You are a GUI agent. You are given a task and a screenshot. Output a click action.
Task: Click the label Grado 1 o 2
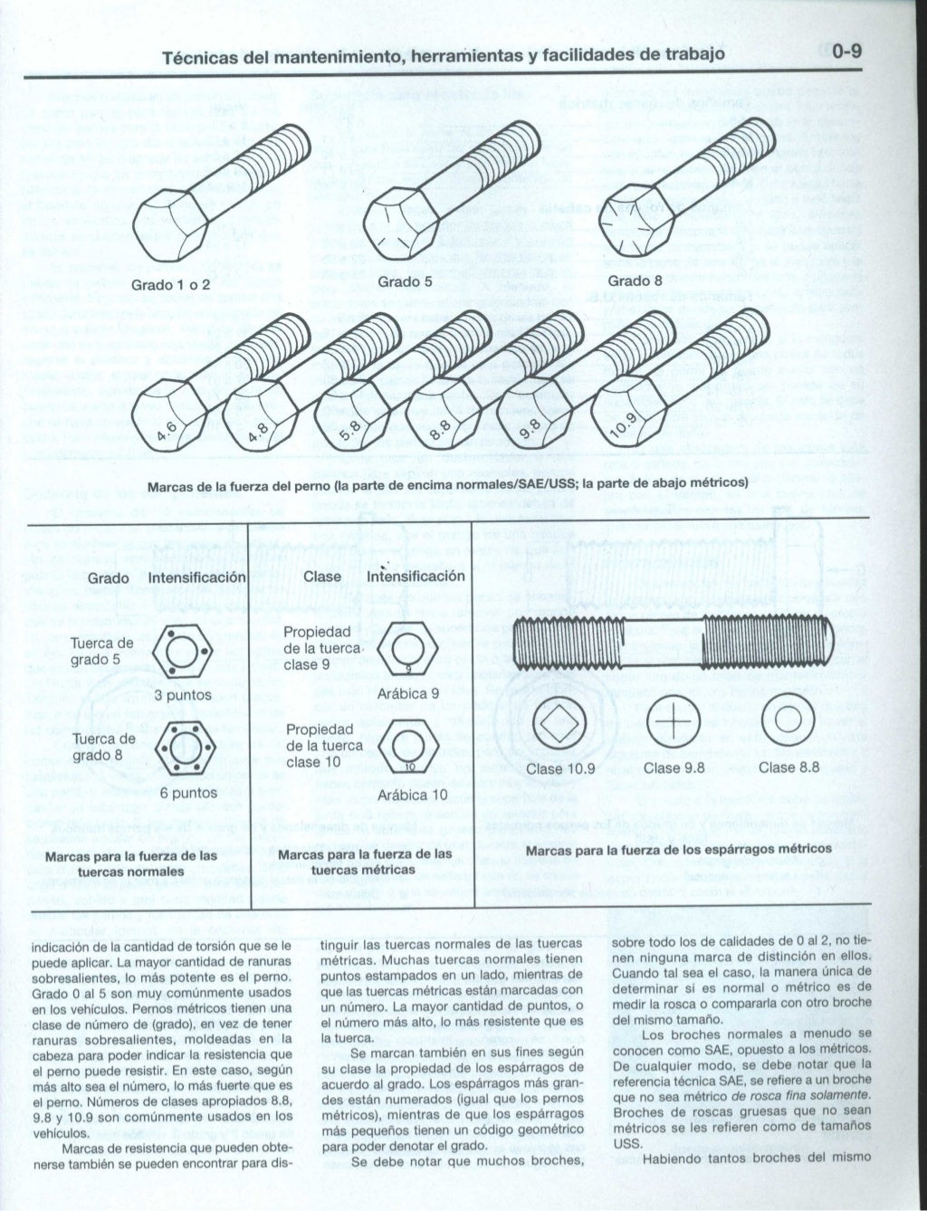click(171, 284)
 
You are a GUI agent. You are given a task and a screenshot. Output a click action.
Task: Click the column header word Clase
click(322, 577)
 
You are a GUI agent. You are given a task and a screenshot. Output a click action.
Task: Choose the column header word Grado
click(109, 577)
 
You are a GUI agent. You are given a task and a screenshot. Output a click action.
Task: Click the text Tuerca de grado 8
click(102, 747)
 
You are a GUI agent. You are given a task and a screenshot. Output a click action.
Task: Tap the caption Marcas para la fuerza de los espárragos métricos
click(678, 849)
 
